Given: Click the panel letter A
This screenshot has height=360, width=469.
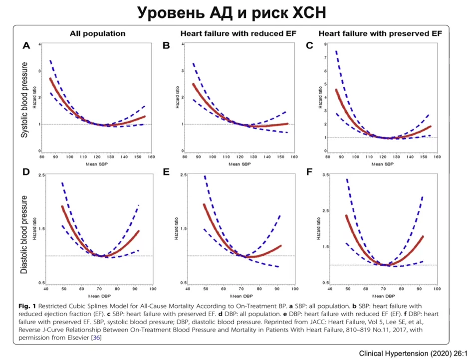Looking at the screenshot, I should pos(26,46).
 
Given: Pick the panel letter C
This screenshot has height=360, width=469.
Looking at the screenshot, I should pos(309,46).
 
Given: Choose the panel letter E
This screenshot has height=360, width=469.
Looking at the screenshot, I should pos(167,173).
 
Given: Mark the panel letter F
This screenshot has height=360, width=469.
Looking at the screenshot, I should pos(309,173).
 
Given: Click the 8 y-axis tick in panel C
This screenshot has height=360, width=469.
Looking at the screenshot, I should pos(326,44).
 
